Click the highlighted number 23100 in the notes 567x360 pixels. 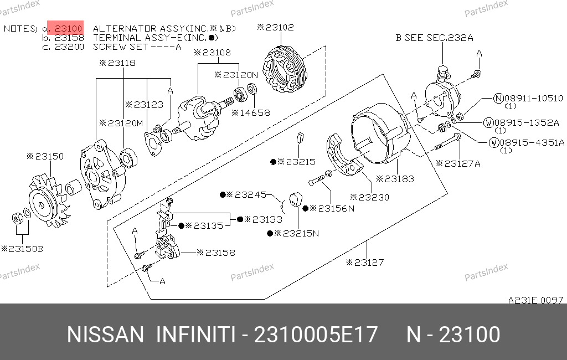[69, 28]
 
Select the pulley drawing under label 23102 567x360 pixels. [285, 69]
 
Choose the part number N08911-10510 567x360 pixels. [528, 98]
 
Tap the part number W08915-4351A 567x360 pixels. [527, 142]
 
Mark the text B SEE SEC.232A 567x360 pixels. [434, 38]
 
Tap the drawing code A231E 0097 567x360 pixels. [535, 300]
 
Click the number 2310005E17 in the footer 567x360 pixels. [316, 335]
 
